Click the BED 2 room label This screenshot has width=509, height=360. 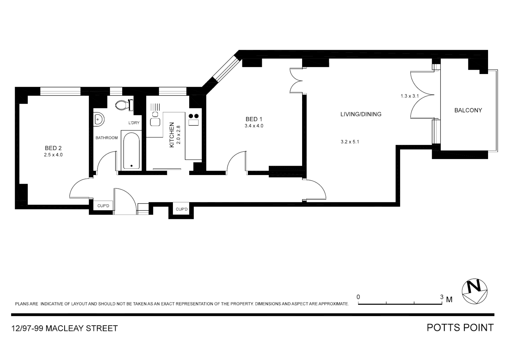click(x=53, y=148)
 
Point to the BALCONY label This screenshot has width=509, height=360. click(x=468, y=110)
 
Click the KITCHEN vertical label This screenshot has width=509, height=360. click(x=172, y=135)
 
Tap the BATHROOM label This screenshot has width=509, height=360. click(x=107, y=138)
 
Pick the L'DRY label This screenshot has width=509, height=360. click(x=134, y=123)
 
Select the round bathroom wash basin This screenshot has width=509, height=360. click(x=99, y=119)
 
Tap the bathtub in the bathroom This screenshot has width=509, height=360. click(x=131, y=151)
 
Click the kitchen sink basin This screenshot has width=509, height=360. click(x=155, y=122)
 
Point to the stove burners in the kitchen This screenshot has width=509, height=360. click(x=194, y=116)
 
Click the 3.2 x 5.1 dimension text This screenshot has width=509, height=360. click(x=350, y=142)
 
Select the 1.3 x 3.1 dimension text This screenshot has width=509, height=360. click(x=409, y=96)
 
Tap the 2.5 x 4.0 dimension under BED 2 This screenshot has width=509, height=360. click(x=53, y=155)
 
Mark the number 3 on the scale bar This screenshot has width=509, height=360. click(x=442, y=297)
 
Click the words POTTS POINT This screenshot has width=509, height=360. click(x=460, y=328)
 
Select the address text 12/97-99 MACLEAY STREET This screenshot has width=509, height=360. click(x=65, y=328)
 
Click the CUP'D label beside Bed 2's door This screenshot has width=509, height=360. click(x=103, y=206)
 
